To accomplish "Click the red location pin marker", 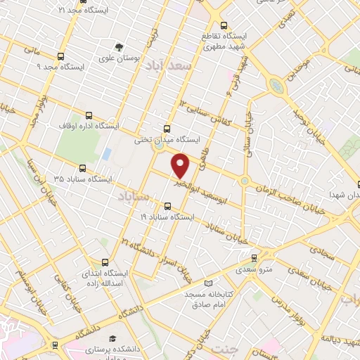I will point(181,165).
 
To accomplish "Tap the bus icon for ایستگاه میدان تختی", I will point(167,129).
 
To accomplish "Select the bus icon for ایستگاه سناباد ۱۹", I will point(167,206).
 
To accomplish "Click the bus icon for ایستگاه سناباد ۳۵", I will point(84,169).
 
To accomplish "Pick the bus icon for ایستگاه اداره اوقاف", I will point(89,116).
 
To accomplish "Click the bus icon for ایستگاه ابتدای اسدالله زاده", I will point(105,262).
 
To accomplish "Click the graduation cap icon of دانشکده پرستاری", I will point(112,339).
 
